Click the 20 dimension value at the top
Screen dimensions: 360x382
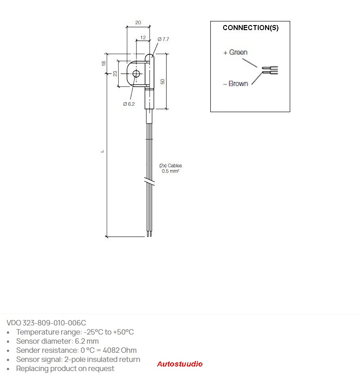click(x=138, y=23)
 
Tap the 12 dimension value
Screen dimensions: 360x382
click(x=143, y=37)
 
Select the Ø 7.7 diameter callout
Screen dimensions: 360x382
click(x=163, y=39)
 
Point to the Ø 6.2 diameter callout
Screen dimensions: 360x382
click(x=129, y=104)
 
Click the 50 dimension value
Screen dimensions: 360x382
click(x=162, y=82)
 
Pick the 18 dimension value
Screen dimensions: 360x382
click(x=104, y=63)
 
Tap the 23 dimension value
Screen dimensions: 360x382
click(x=115, y=73)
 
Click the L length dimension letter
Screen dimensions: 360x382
click(x=103, y=151)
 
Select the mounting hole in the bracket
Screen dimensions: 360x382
click(x=136, y=73)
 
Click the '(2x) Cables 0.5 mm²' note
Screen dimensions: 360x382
click(x=171, y=168)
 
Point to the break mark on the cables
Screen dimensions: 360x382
click(x=149, y=181)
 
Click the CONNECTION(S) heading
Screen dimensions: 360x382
click(x=250, y=28)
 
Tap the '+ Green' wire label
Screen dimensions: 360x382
click(x=235, y=52)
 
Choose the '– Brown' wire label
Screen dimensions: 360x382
click(x=235, y=84)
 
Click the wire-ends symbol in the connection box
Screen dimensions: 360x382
click(x=270, y=70)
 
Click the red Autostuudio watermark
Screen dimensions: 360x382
click(x=180, y=364)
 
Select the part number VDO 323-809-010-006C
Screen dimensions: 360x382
click(x=47, y=323)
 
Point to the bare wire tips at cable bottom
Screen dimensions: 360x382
click(x=149, y=234)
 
